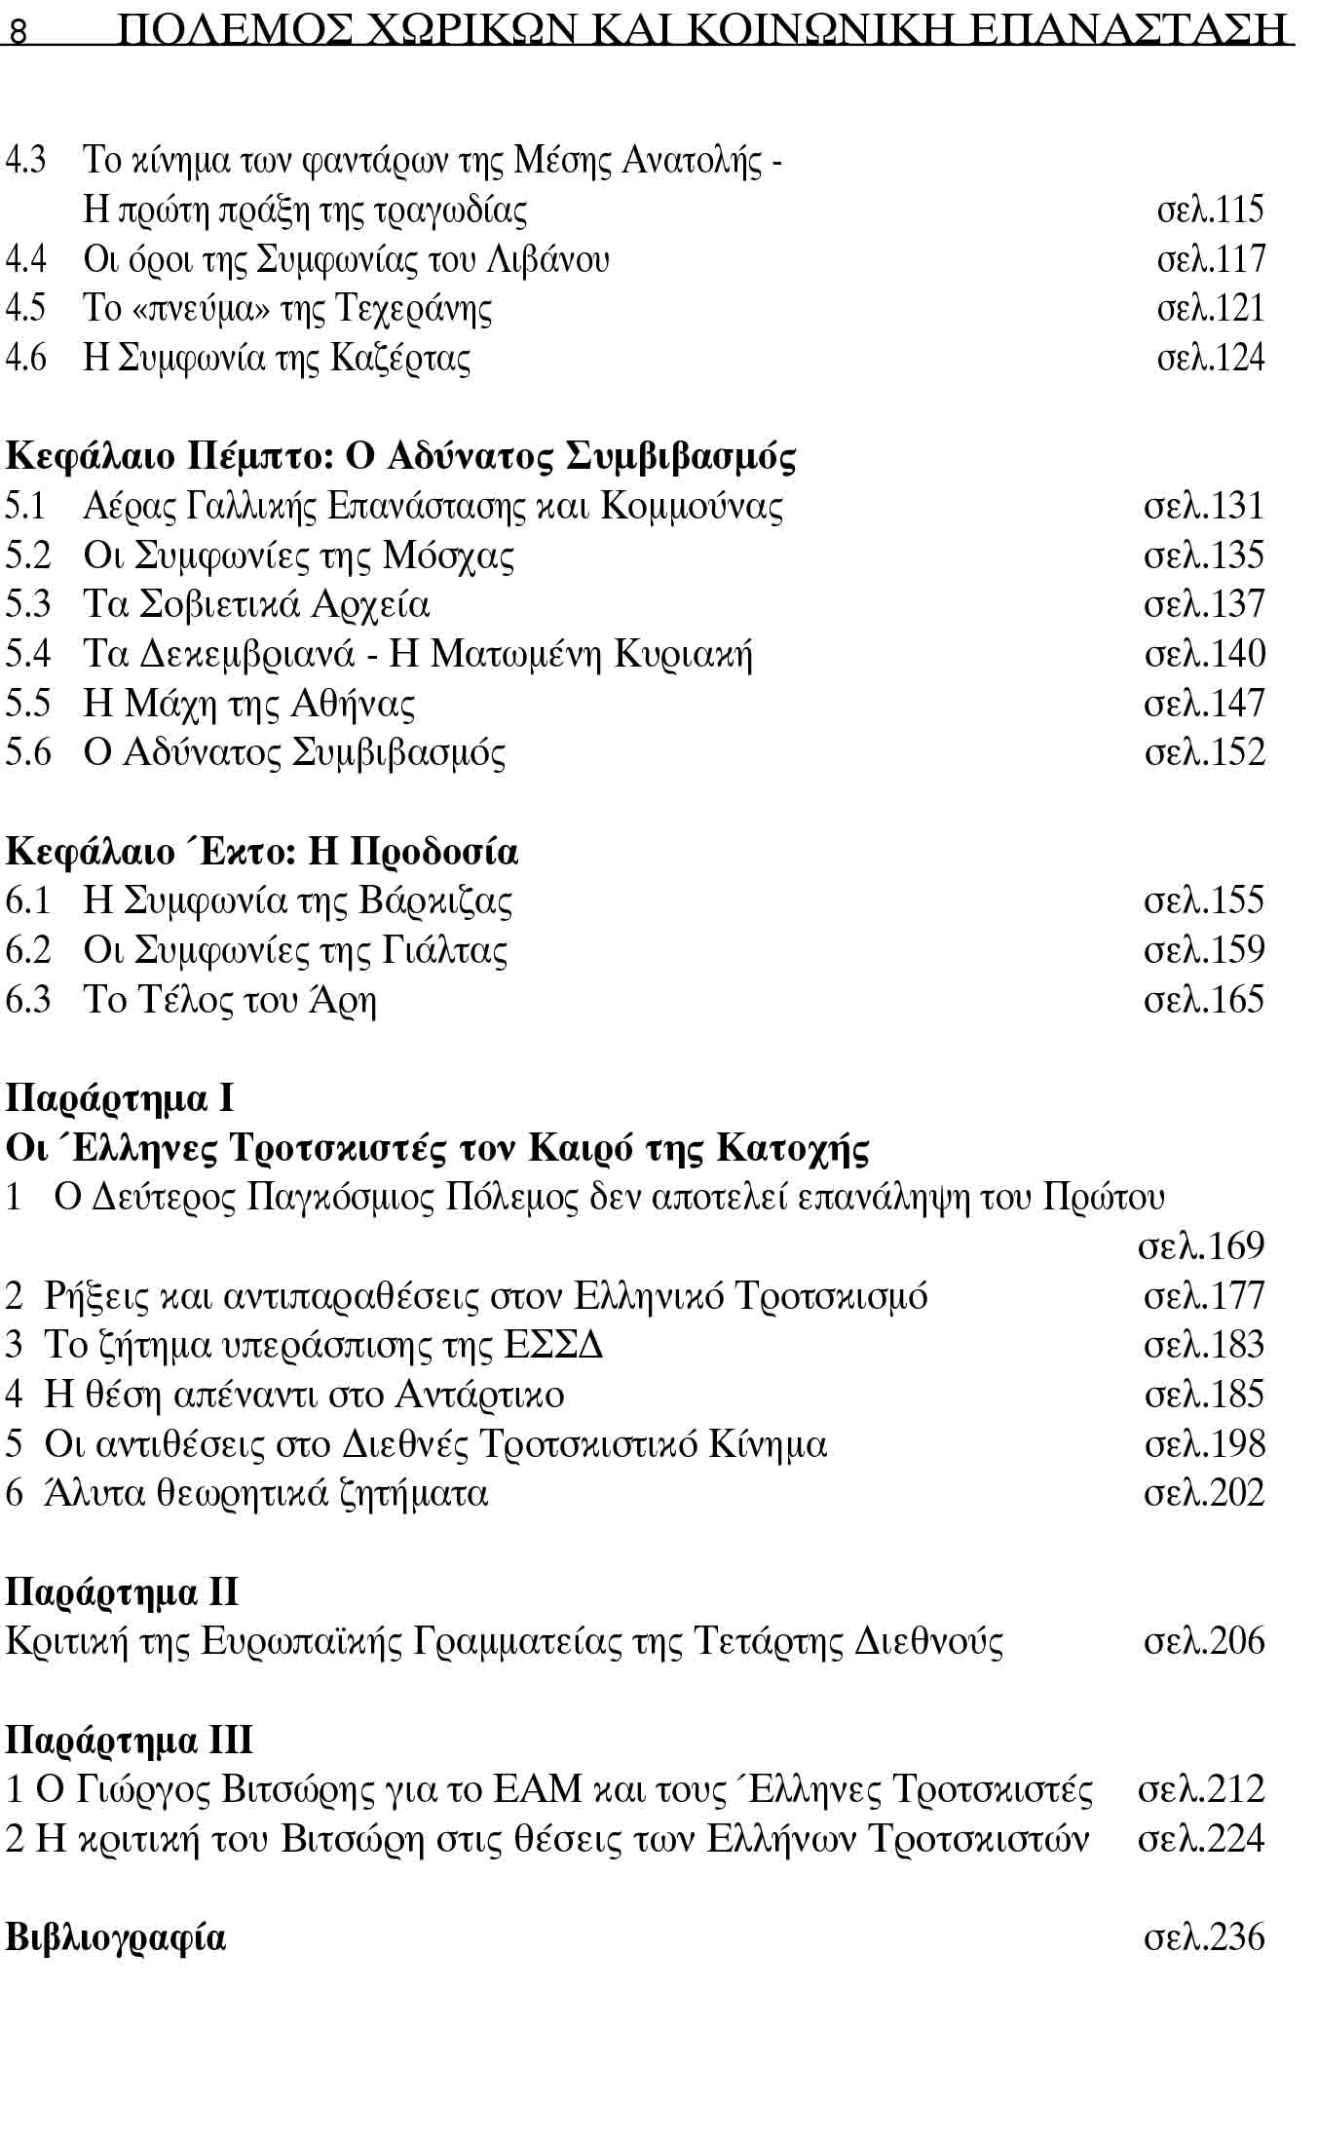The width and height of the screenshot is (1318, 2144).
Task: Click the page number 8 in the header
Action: (x=18, y=33)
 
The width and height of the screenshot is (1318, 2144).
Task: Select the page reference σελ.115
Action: (x=1210, y=210)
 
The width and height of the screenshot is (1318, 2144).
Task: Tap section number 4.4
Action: (x=25, y=259)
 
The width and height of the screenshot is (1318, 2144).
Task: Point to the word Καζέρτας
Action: (x=400, y=358)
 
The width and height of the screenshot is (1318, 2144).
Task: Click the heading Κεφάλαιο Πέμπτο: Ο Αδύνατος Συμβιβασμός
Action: (x=400, y=456)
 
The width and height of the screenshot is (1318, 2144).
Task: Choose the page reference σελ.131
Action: (x=1204, y=506)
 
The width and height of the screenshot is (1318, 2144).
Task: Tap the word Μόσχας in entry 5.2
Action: (x=448, y=555)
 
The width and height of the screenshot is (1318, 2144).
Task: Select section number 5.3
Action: (x=27, y=604)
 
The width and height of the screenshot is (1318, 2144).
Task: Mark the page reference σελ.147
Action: (x=1204, y=704)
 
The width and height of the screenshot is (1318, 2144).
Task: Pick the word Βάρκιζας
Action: (x=435, y=900)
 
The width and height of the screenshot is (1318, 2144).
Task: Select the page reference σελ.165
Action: (x=1204, y=1000)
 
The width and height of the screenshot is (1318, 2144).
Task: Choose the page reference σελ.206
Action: (x=1204, y=1641)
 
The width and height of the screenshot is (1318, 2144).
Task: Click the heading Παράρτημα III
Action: (x=130, y=1741)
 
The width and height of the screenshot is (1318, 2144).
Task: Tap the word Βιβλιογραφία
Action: (x=116, y=1937)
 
